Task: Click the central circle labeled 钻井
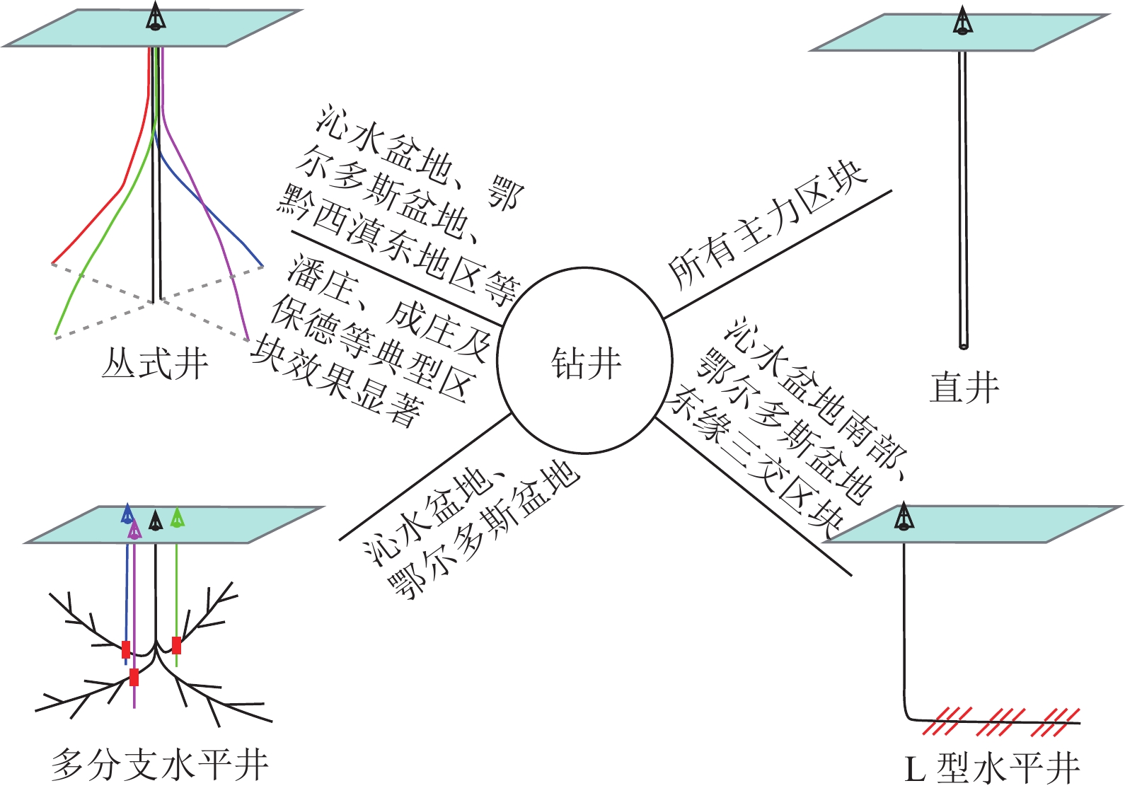pyautogui.click(x=584, y=360)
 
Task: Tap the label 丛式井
pyautogui.click(x=155, y=365)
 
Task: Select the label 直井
pyautogui.click(x=964, y=388)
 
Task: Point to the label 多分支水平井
pyautogui.click(x=160, y=765)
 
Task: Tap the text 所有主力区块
pyautogui.click(x=768, y=225)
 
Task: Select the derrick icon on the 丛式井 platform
pyautogui.click(x=156, y=16)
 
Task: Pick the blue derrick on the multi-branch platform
pyautogui.click(x=127, y=514)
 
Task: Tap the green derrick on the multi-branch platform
pyautogui.click(x=178, y=517)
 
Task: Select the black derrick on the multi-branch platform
pyautogui.click(x=156, y=521)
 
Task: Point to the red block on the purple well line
pyautogui.click(x=134, y=677)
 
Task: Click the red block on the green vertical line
pyautogui.click(x=176, y=645)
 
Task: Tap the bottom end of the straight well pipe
pyautogui.click(x=964, y=345)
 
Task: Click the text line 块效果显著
pyautogui.click(x=337, y=382)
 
